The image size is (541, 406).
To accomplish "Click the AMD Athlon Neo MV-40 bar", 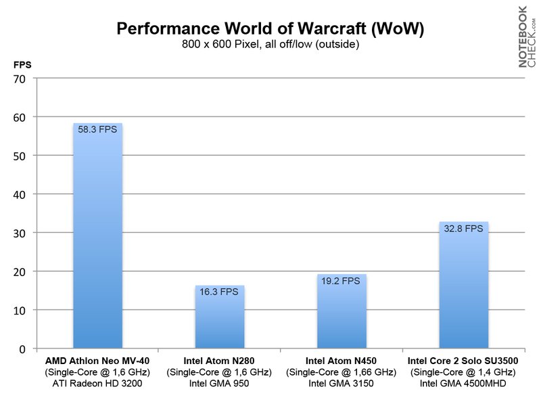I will (x=97, y=237).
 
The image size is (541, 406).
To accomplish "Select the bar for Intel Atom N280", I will (x=220, y=318).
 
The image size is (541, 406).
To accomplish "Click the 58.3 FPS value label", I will (x=97, y=129).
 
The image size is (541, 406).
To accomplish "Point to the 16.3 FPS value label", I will (x=220, y=292).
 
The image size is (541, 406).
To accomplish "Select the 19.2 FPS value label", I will (x=342, y=281).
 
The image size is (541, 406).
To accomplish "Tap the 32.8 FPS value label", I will (x=464, y=229).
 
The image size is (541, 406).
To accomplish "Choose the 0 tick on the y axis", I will (x=22, y=349).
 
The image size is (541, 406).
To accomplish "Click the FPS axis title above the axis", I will (x=22, y=65).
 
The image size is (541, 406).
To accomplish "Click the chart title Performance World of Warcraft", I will (x=270, y=29).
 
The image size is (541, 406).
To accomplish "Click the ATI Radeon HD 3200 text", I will (x=97, y=384).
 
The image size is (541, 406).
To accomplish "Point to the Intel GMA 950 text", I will (x=219, y=384).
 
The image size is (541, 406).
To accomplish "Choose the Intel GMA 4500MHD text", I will (x=463, y=384).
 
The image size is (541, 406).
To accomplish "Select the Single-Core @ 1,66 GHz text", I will (x=342, y=372).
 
